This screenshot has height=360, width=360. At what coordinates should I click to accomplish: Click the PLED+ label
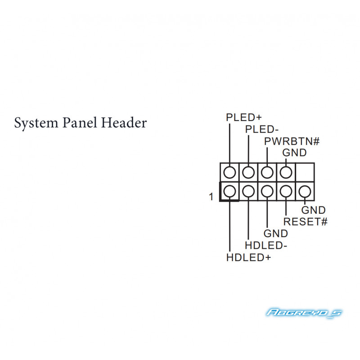244,117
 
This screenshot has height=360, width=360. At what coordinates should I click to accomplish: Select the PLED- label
262,130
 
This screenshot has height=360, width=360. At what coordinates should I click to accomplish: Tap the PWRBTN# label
292,141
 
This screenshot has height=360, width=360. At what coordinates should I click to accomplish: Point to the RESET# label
306,222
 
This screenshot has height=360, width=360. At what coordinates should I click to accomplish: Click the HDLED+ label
249,257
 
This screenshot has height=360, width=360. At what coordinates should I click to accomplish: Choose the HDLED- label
266,245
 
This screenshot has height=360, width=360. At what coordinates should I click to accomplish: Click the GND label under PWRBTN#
295,153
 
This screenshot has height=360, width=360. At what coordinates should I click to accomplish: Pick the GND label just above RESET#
313,210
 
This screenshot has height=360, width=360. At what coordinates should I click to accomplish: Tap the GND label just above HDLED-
276,234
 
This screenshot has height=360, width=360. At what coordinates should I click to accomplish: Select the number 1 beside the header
211,197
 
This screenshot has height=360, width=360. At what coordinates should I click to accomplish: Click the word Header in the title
124,122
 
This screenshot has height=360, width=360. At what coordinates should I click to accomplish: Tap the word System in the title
36,123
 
